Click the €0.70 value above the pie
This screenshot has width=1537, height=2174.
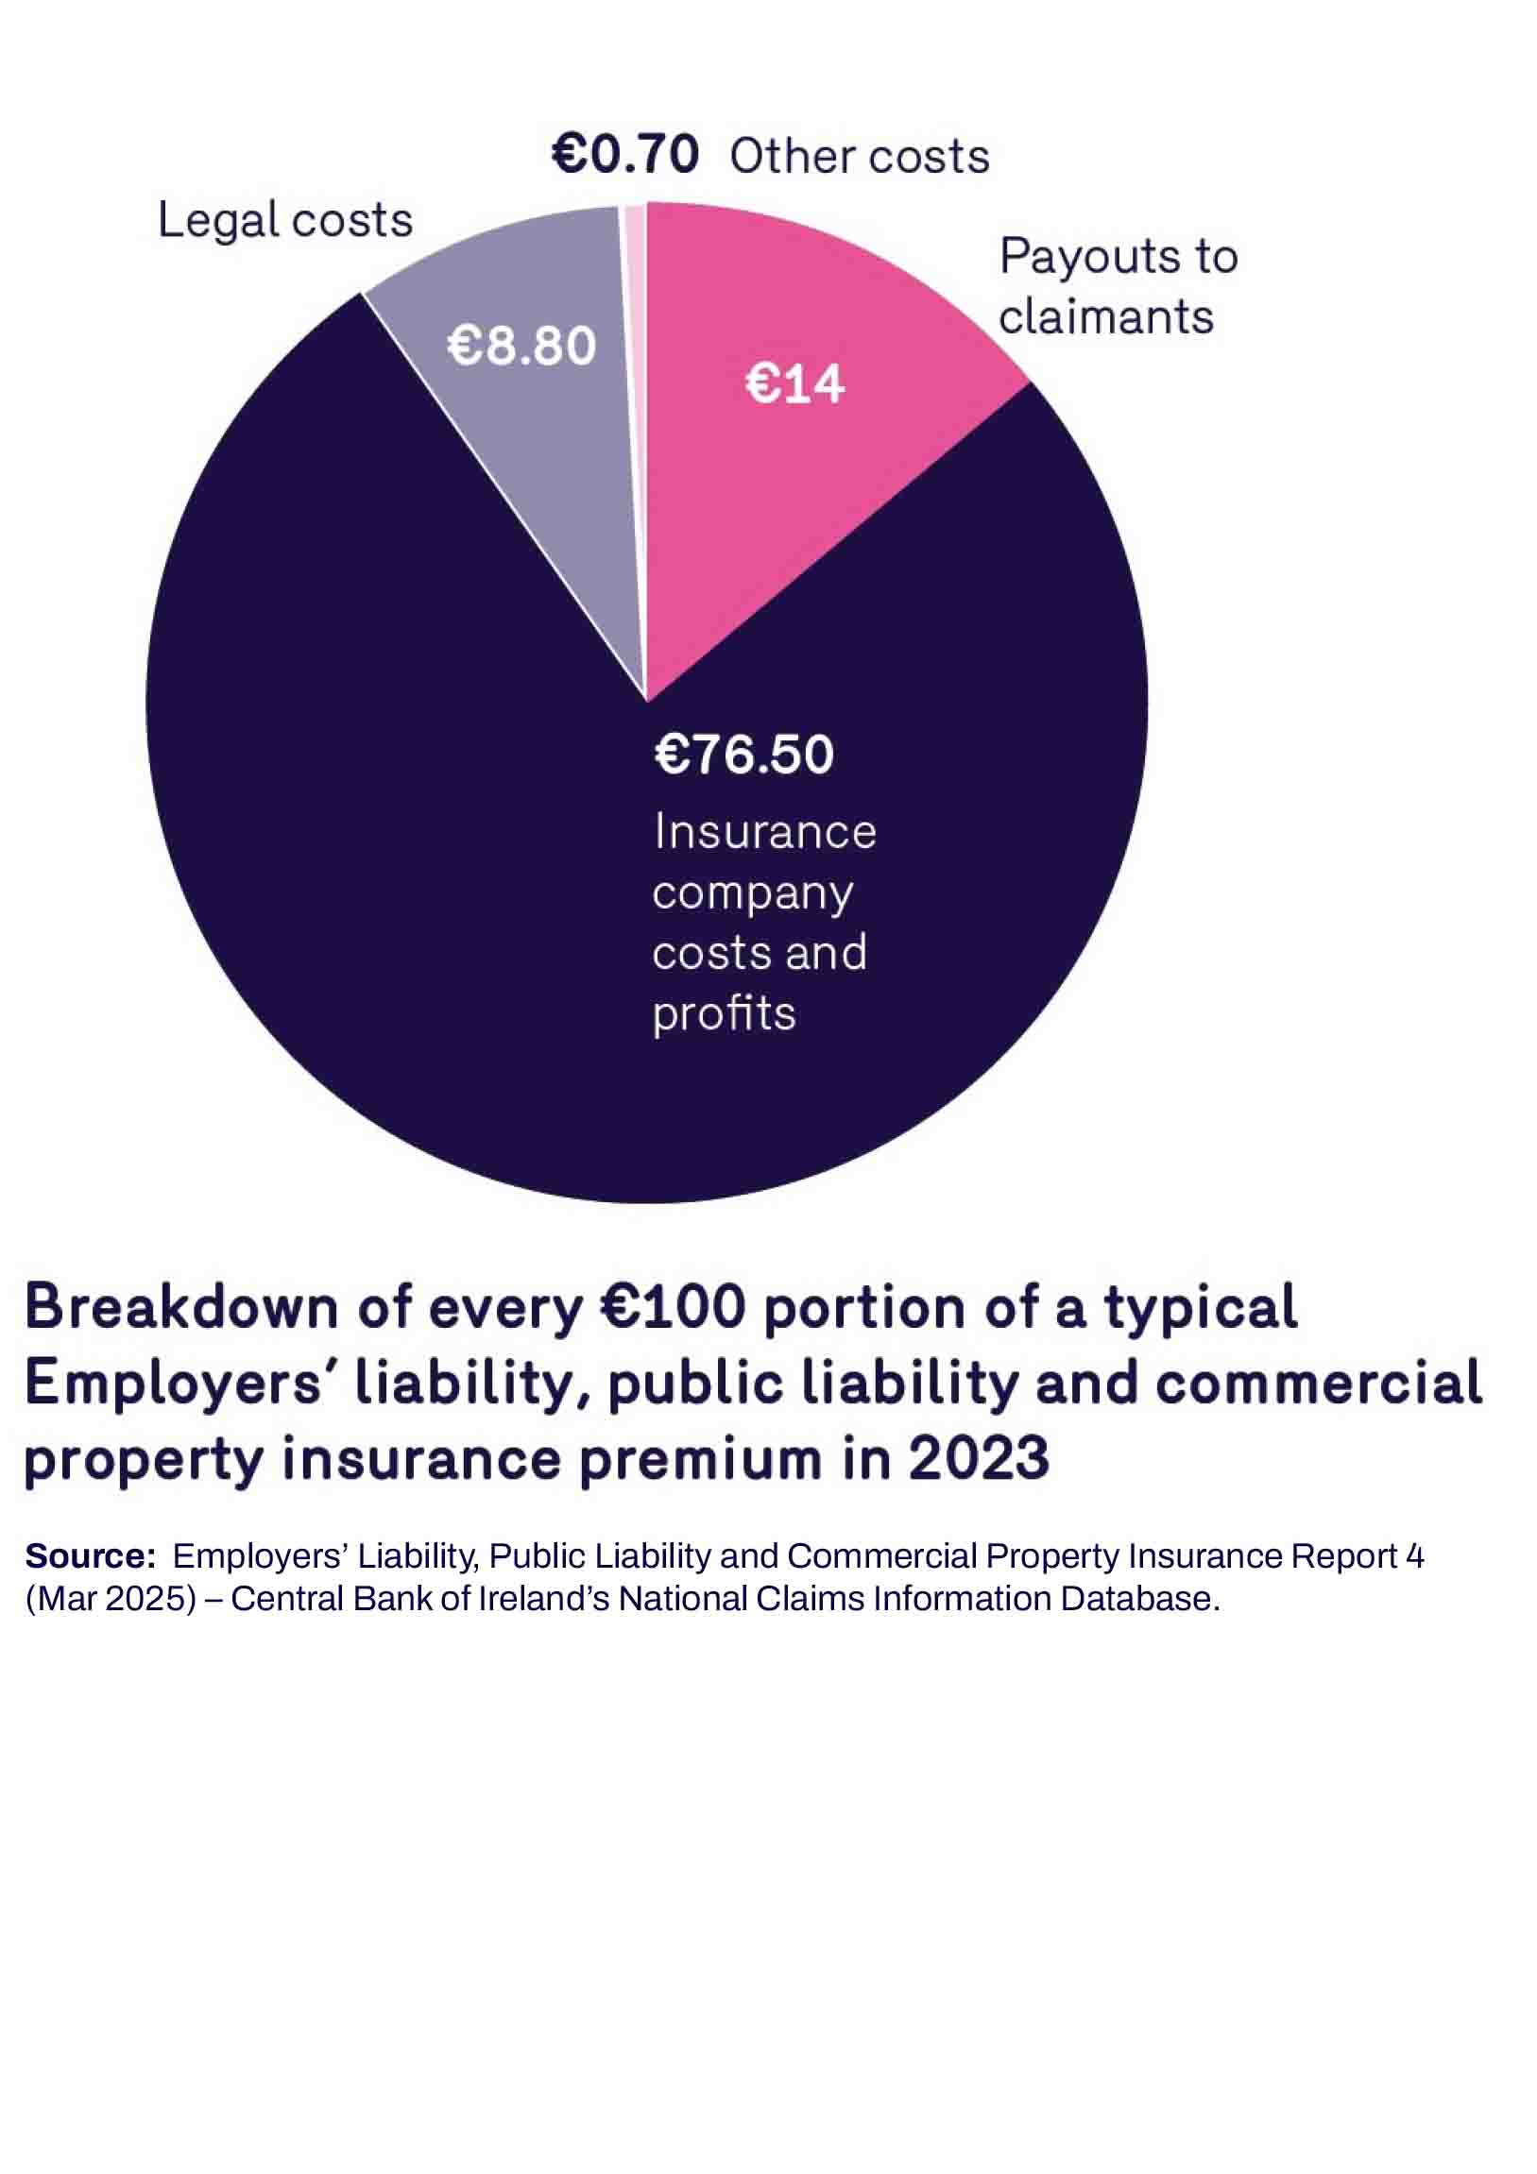click(625, 154)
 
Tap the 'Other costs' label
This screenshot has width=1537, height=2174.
click(859, 156)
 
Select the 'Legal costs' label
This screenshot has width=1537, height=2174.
click(284, 220)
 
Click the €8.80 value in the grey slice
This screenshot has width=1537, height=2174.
click(521, 346)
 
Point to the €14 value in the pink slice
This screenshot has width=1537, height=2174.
click(794, 384)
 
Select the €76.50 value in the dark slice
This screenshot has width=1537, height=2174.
click(743, 755)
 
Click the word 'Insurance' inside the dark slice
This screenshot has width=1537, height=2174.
click(764, 832)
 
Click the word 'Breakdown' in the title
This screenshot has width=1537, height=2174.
click(180, 1308)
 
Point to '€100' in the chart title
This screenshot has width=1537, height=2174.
click(673, 1308)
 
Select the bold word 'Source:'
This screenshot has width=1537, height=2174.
click(90, 1555)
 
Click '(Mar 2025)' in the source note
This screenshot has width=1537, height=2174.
click(111, 1598)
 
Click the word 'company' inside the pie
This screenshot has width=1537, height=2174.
click(752, 892)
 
